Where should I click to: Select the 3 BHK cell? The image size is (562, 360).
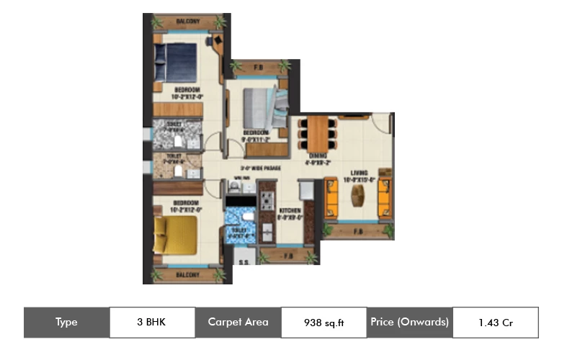point(151,322)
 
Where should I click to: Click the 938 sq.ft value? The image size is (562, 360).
point(324,323)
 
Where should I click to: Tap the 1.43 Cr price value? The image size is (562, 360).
point(495,323)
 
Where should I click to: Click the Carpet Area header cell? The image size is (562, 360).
point(238,322)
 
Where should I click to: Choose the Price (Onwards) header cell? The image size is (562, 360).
point(409,322)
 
